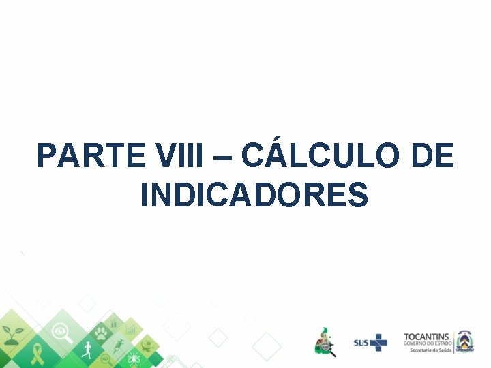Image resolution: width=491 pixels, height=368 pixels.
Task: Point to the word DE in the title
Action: pyautogui.click(x=432, y=156)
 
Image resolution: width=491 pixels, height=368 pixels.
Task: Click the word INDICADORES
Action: pyautogui.click(x=254, y=195)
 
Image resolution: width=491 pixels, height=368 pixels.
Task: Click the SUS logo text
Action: pyautogui.click(x=361, y=343)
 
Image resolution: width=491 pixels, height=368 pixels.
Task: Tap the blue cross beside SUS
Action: pyautogui.click(x=378, y=342)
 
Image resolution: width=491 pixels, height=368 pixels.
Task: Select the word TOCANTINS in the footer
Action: pyautogui.click(x=426, y=337)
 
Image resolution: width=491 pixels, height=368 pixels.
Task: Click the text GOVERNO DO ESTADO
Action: pyautogui.click(x=426, y=343)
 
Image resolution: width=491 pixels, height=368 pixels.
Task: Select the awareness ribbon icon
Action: pyautogui.click(x=38, y=354)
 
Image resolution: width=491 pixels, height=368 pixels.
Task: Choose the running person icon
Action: pyautogui.click(x=86, y=351)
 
